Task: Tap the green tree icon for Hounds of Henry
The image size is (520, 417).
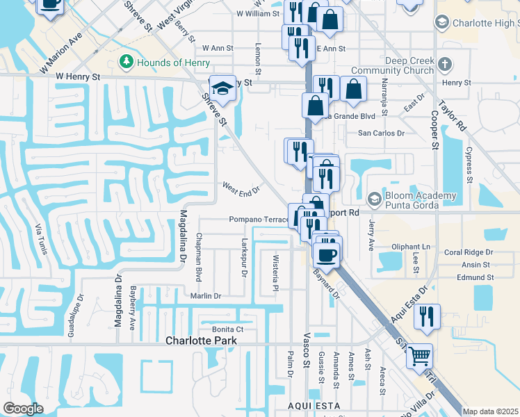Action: point(127,63)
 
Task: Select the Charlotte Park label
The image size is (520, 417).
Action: point(201,341)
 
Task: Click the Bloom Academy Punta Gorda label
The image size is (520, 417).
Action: point(413,200)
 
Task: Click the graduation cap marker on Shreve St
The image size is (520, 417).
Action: point(222,88)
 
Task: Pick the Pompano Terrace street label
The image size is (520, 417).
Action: point(259,220)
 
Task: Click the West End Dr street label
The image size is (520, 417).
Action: point(241,188)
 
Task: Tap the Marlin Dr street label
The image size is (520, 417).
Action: point(205,295)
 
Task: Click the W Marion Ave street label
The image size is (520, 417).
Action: point(70,45)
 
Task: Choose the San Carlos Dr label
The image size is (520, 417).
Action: point(380,133)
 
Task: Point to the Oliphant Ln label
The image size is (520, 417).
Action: point(411,247)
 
